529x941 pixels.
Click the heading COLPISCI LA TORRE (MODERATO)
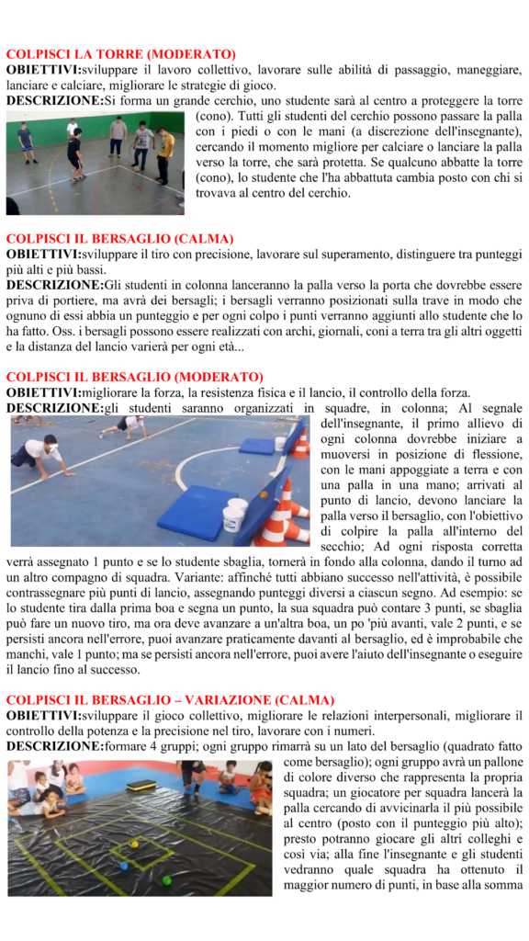[120, 54]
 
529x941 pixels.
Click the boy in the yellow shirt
[163, 153]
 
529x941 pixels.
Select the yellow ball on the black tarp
[134, 843]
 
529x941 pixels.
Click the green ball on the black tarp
[167, 880]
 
